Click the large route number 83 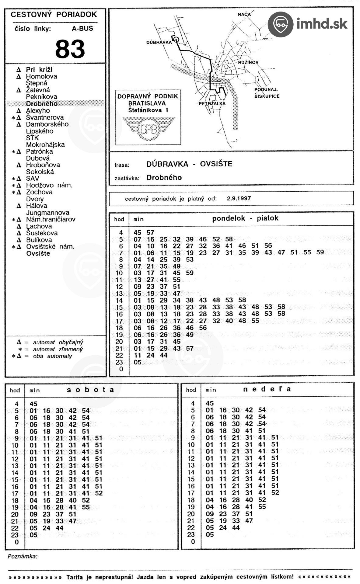(x=70, y=49)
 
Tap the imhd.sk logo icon (x=280, y=24)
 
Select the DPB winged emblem (x=149, y=129)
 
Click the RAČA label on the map (x=244, y=14)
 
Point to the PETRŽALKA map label (x=212, y=103)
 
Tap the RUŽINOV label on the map (x=248, y=62)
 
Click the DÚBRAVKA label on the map (x=159, y=43)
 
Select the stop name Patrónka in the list (x=39, y=151)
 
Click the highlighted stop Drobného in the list (x=42, y=104)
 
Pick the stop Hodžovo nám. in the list (x=49, y=185)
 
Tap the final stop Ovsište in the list (x=38, y=254)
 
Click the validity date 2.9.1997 (x=239, y=199)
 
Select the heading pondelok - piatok (x=245, y=218)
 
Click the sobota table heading (x=90, y=390)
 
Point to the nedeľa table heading (x=267, y=389)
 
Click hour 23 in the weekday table (x=119, y=362)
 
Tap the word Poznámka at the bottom (x=22, y=557)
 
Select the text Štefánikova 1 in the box (x=148, y=110)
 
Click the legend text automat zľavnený (x=58, y=349)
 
